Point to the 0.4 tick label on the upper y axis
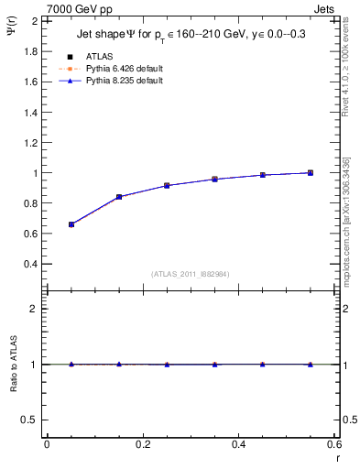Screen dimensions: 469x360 tap(29, 264)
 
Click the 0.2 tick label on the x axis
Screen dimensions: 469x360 tap(143, 443)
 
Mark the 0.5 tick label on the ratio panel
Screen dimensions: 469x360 tap(29, 420)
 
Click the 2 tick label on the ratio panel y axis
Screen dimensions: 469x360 tap(34, 309)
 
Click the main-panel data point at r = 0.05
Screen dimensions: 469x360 tap(71, 224)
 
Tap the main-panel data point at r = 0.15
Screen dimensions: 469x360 tap(119, 197)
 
